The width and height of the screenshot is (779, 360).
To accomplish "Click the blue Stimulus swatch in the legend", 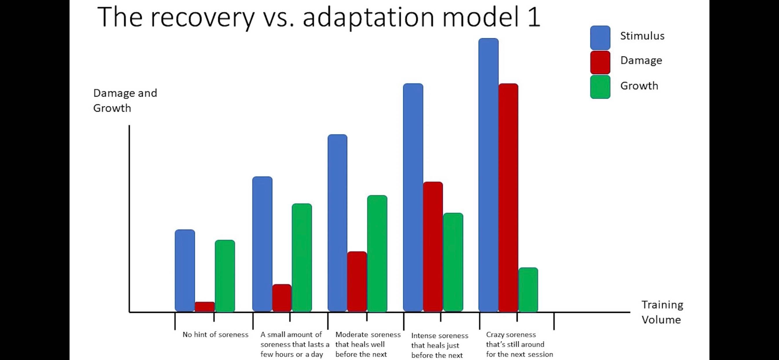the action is click(x=600, y=37).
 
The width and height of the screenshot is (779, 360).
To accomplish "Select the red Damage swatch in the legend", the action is click(x=600, y=62).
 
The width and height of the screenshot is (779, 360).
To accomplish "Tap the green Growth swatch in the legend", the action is click(x=600, y=87).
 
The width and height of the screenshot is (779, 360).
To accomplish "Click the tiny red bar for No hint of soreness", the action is click(x=205, y=307).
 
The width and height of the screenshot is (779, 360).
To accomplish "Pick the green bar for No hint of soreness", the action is click(x=225, y=276).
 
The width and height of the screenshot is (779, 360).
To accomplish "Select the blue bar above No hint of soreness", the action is click(x=185, y=271).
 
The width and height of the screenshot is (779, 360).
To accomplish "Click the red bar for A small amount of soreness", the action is click(x=282, y=298).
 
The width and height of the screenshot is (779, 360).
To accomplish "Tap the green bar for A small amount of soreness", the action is click(x=302, y=258).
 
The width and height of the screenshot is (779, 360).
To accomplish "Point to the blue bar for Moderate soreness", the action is click(x=338, y=223).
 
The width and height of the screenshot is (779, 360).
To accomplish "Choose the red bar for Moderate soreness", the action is click(x=357, y=282).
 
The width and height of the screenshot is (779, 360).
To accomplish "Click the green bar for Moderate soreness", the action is click(x=377, y=254).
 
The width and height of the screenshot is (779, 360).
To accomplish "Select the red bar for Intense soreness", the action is click(x=433, y=247).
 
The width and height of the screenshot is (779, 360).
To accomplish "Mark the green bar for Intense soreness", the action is click(x=453, y=262).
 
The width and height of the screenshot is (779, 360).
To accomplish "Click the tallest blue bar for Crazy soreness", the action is click(x=488, y=175).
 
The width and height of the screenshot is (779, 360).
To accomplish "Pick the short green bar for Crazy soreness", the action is click(x=528, y=290).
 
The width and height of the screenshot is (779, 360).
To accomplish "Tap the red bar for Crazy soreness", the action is click(x=509, y=198).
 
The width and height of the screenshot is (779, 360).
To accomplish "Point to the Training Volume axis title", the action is click(x=662, y=312).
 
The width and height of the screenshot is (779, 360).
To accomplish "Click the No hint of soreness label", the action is click(x=215, y=334).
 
